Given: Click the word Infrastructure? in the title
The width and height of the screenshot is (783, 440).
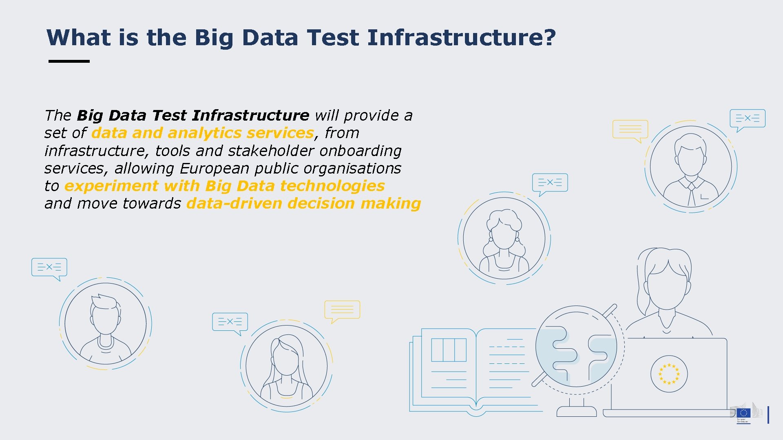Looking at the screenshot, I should tap(461, 37).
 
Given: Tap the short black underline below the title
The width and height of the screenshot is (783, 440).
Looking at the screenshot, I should tap(69, 61).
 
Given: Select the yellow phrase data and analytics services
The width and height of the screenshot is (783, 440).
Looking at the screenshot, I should tap(203, 133).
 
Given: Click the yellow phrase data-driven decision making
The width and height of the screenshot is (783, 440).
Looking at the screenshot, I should tap(303, 203).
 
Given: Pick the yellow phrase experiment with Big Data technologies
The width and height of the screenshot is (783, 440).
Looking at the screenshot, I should tap(224, 186).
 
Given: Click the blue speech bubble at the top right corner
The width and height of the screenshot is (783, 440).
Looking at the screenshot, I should tap(747, 119).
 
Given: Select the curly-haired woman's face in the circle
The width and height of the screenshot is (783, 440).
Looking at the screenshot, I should tap(504, 235).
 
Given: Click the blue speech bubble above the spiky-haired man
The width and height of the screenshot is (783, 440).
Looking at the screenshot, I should tap(49, 268).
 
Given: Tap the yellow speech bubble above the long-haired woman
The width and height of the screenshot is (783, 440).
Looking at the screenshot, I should tap(342, 310).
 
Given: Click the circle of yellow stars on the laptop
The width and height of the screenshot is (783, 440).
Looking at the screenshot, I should tap(669, 374).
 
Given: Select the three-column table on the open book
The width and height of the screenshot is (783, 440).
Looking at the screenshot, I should tap(449, 350).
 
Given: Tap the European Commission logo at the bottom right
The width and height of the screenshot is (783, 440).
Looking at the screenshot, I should tap(744, 414).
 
